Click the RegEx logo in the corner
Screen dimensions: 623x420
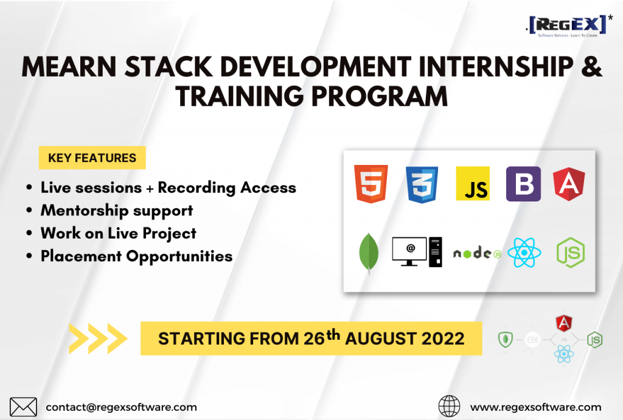tap(569, 26)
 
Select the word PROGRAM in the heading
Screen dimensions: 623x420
tap(380, 97)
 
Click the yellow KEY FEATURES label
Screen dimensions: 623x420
tap(92, 158)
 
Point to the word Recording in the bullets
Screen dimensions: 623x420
tap(197, 188)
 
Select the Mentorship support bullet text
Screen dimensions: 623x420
tap(117, 211)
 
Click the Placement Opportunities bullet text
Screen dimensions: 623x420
tap(137, 256)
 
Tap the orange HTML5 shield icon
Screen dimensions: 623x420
tap(371, 184)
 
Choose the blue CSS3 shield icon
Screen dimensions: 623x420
tap(422, 185)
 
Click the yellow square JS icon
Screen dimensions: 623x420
tap(473, 184)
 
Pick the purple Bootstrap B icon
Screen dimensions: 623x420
tap(523, 184)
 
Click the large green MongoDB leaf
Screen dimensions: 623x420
tap(369, 253)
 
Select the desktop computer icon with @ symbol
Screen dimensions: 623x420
tap(417, 252)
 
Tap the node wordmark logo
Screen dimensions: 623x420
tap(477, 253)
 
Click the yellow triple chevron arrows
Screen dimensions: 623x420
tap(98, 338)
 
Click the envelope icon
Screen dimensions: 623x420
tap(24, 407)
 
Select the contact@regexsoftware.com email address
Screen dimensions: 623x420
tap(121, 407)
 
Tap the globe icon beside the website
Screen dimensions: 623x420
tap(449, 406)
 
